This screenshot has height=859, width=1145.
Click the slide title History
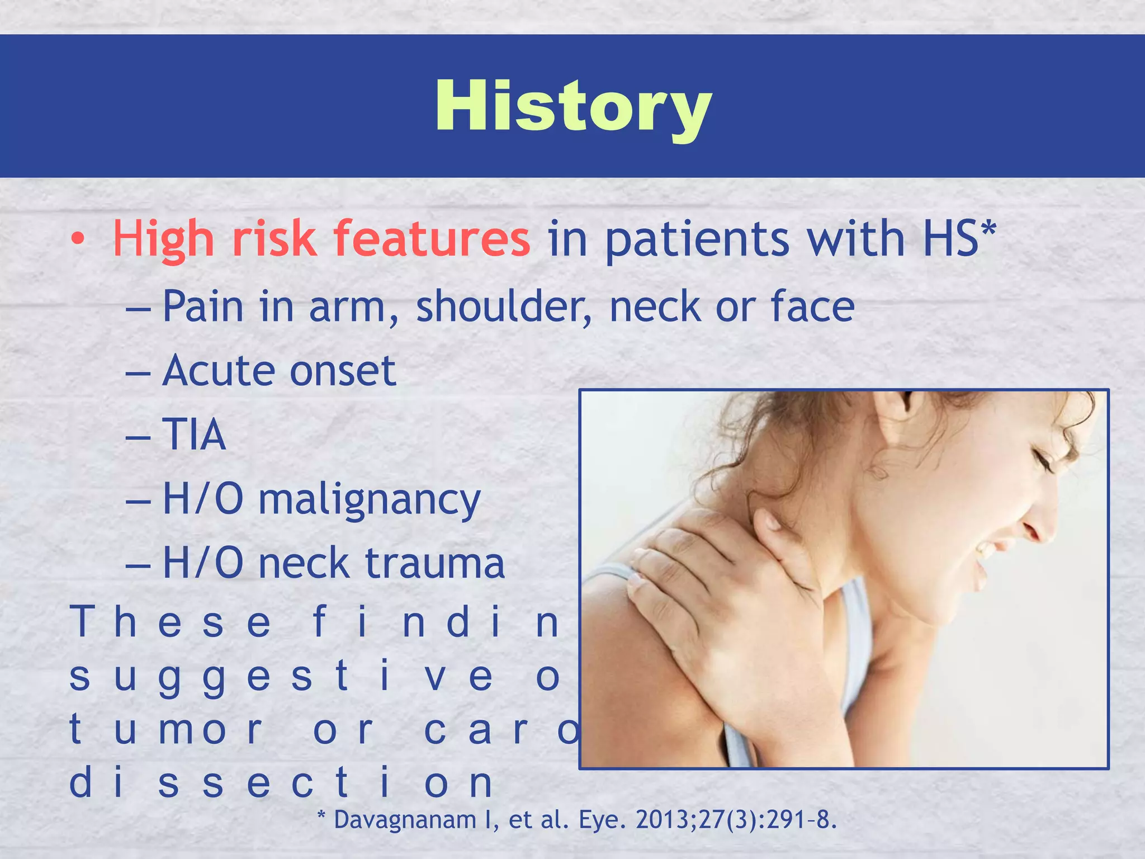point(573,106)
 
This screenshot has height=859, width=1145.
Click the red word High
point(163,239)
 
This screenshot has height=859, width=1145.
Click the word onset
point(343,371)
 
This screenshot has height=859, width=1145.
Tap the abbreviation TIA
point(194,435)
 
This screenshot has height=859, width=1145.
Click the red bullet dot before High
point(78,239)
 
